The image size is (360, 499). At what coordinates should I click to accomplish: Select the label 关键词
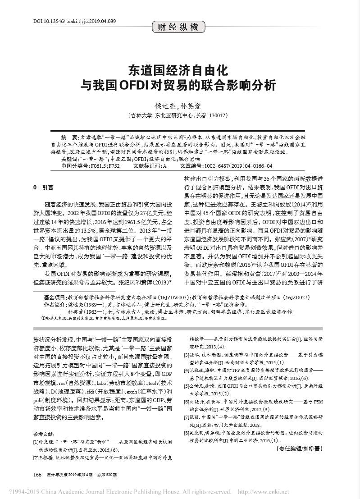pyautogui.click(x=70, y=159)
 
